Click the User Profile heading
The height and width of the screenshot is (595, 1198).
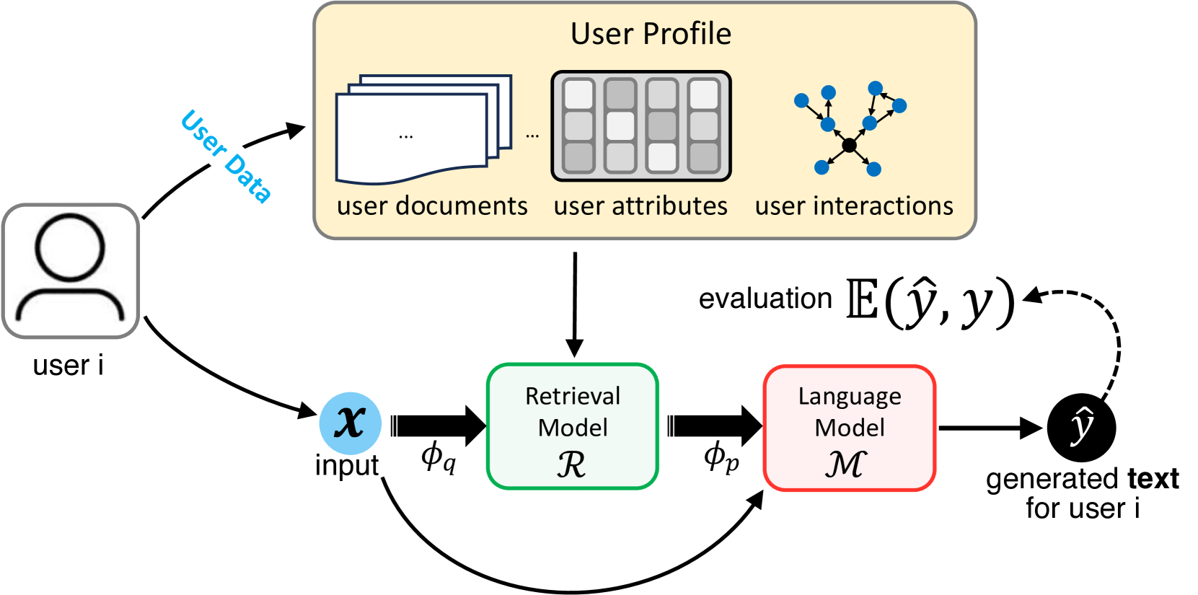coord(651,34)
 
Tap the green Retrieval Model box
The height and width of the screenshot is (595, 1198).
coord(572,426)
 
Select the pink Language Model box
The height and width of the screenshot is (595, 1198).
coord(849,428)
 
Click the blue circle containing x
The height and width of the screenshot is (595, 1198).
coord(351,423)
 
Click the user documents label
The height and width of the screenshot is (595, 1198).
coord(432,206)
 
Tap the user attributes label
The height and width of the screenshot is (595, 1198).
coord(640,206)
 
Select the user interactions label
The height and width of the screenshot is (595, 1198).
coord(854,206)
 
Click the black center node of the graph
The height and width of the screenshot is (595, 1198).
coord(850,145)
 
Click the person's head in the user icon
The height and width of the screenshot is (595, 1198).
coord(70,247)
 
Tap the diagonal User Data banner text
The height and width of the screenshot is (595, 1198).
coord(226,157)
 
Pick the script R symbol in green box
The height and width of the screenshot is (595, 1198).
coord(571,465)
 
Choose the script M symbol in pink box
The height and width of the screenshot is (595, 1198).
coord(845,464)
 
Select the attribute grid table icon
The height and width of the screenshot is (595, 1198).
coord(640,126)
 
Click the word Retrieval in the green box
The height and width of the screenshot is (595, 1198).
coord(573,396)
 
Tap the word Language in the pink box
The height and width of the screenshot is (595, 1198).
coord(850,396)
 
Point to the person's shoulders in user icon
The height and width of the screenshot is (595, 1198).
coord(70,307)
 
